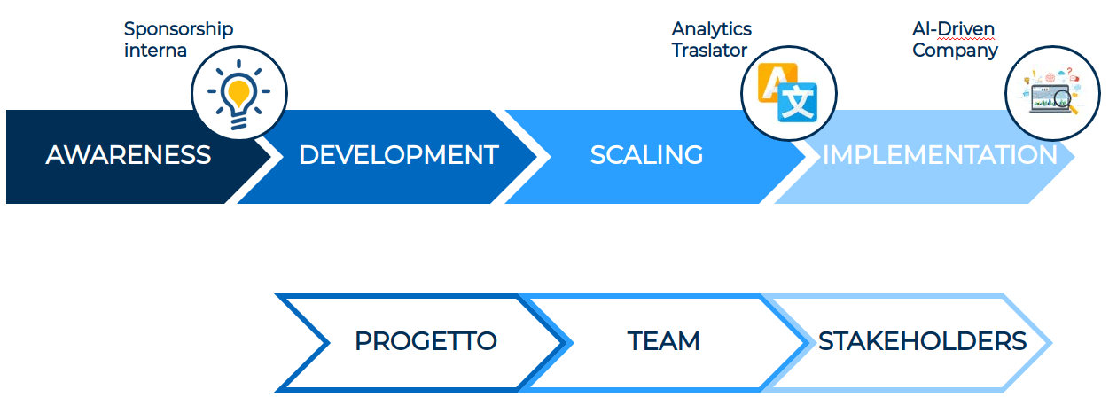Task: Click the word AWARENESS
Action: (129, 156)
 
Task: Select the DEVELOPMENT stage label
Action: (398, 156)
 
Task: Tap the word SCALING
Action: (646, 156)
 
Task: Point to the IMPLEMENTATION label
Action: (940, 156)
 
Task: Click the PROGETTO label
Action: (426, 341)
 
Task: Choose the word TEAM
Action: (663, 341)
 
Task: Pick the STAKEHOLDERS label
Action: (922, 341)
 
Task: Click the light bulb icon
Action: (239, 93)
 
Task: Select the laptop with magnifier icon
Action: (1051, 93)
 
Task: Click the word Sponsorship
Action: (178, 29)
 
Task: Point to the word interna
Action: (155, 50)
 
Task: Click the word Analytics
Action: (711, 29)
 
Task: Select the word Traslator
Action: (709, 50)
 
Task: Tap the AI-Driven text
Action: (954, 29)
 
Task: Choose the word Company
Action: (955, 50)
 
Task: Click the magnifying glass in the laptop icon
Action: (1067, 105)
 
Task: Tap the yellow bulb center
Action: (238, 90)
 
